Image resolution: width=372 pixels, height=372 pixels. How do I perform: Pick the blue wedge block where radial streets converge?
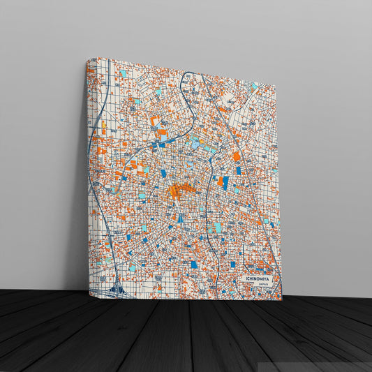(180, 218)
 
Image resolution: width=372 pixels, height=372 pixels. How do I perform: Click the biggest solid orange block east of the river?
(236, 156)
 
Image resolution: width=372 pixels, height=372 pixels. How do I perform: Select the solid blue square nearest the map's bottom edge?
(194, 265)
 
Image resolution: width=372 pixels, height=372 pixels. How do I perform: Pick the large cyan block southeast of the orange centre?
(217, 228)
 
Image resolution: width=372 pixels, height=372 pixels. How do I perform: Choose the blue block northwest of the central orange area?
(164, 173)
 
